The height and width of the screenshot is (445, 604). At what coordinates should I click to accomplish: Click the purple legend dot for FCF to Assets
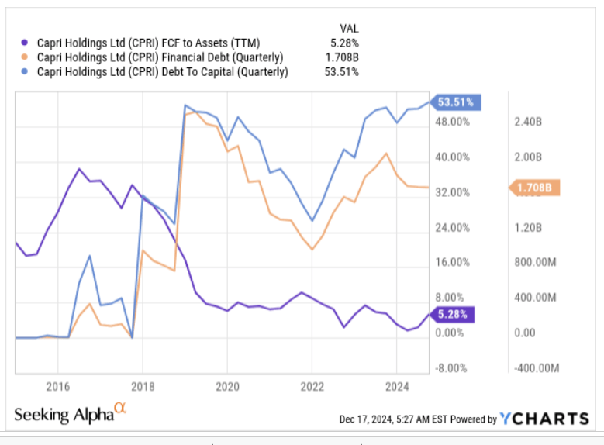[25, 43]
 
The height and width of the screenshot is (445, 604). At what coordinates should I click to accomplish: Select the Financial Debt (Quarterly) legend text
[160, 57]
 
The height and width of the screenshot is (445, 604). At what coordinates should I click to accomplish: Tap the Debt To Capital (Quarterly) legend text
[162, 72]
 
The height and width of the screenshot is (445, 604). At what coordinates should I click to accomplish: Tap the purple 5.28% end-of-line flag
[453, 314]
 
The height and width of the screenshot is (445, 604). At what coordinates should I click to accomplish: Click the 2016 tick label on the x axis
[57, 385]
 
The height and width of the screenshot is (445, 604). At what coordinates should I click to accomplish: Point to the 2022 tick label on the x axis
[312, 385]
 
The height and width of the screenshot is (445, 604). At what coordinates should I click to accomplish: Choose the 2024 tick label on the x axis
[396, 385]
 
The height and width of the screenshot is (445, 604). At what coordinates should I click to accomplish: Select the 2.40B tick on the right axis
[530, 122]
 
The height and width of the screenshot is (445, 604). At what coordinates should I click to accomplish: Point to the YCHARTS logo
[544, 419]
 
